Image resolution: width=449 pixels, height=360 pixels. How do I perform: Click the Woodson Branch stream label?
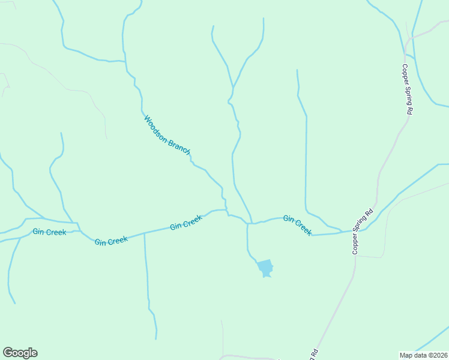tap(167, 136)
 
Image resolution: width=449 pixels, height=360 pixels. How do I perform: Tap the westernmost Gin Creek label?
tap(50, 232)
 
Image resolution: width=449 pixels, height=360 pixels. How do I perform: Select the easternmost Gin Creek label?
tap(297, 225)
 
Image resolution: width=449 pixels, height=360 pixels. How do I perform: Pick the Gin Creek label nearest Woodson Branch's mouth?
tap(185, 223)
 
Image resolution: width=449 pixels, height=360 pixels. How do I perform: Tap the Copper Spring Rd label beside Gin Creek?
tap(363, 231)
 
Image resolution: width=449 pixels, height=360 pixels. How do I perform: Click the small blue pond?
tap(265, 268)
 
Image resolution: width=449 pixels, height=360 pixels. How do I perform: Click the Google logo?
tap(20, 353)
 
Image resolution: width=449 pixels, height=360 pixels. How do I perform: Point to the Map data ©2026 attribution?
tap(423, 355)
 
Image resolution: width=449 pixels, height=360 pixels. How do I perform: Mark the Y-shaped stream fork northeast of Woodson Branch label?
tap(233, 88)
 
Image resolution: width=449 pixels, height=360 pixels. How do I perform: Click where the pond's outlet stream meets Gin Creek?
tap(247, 224)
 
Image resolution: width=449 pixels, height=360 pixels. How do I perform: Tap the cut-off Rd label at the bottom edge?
tap(313, 353)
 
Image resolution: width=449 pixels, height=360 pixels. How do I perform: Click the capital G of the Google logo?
tap(7, 352)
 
